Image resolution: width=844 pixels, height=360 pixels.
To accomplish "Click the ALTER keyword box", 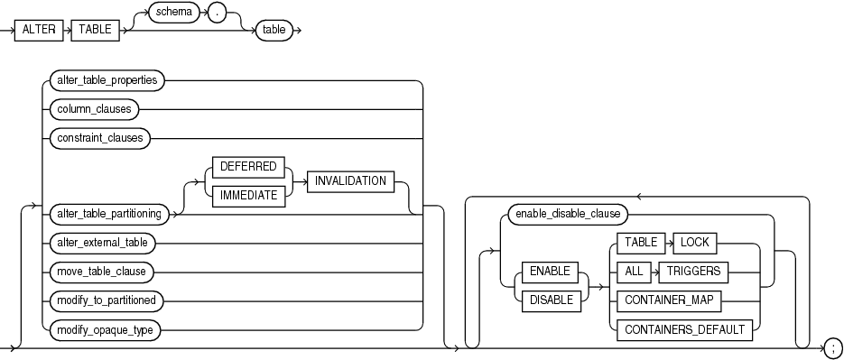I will coord(42,29).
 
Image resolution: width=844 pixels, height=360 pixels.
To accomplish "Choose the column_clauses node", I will coord(93,109).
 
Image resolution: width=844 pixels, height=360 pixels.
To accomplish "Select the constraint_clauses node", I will coord(99,138).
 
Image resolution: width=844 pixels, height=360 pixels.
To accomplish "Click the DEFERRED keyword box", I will coord(248,168).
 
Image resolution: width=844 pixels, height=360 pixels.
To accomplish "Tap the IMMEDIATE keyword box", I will coord(248,194).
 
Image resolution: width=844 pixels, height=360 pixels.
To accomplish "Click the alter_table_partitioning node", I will coord(108,213).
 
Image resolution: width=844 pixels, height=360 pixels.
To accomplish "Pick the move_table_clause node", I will coord(98,271).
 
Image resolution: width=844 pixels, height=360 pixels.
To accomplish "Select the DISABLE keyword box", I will coord(552,300).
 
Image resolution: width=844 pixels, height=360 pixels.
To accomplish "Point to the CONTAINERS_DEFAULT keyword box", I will coord(685,330).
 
